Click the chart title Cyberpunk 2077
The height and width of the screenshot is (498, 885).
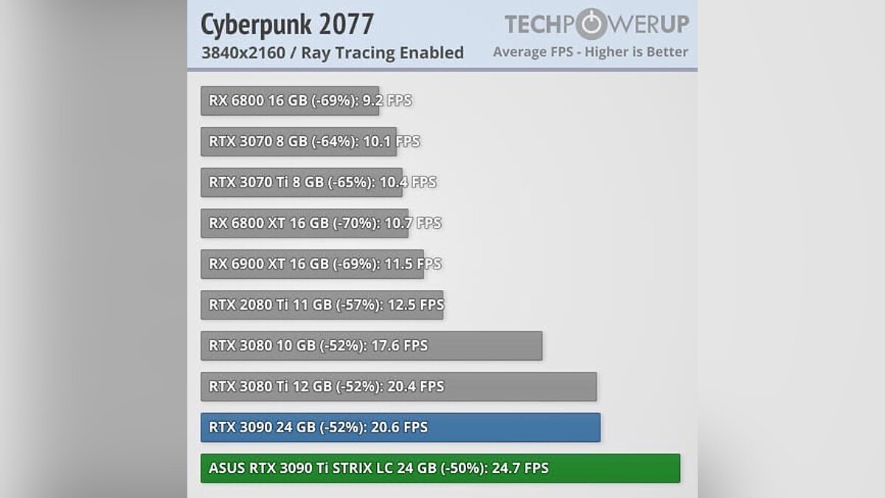point(288,24)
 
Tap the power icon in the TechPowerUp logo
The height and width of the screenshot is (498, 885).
point(591,24)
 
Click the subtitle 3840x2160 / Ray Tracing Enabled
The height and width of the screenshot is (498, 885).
point(333,52)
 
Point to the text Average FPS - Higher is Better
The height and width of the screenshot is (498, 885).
point(590,52)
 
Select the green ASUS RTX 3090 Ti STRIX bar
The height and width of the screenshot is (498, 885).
point(440,468)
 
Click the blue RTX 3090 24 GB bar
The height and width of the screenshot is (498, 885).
point(400,427)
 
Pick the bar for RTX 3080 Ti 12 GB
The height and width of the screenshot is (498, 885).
point(398,387)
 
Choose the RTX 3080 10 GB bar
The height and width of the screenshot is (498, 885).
point(371,346)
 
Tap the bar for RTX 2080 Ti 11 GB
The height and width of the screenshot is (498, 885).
point(322,305)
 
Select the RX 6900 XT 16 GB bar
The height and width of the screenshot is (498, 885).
point(312,264)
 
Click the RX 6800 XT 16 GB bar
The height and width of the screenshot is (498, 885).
point(305,223)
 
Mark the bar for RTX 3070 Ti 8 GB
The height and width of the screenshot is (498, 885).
point(301,182)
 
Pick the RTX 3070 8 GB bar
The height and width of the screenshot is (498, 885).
point(298,141)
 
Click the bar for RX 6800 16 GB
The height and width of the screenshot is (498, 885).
point(289,100)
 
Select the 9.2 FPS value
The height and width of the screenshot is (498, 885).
point(386,100)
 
